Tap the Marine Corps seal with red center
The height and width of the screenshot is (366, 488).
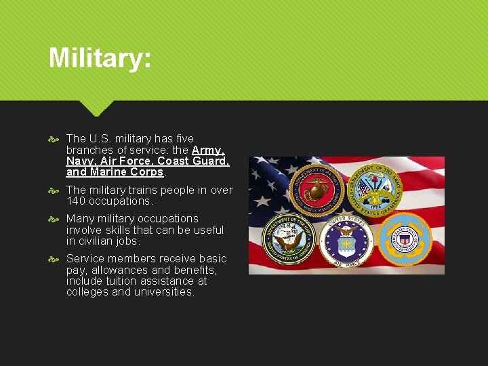[x=317, y=189]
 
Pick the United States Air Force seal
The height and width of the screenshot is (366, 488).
[x=346, y=241]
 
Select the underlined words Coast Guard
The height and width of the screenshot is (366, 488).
[x=193, y=161]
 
